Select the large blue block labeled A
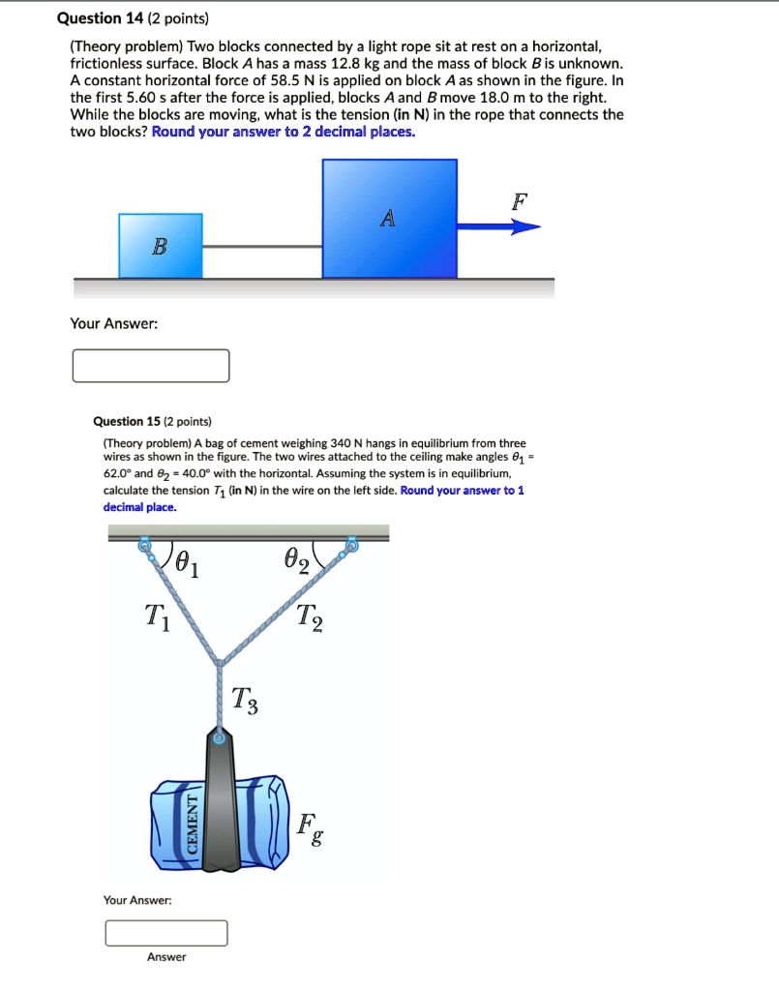(389, 219)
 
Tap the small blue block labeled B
(161, 246)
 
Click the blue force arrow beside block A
(498, 227)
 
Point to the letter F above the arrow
(520, 202)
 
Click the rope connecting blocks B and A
(262, 247)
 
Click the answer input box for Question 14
(151, 366)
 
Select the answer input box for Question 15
(166, 933)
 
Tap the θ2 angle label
(296, 561)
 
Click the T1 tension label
(156, 616)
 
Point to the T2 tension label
(310, 616)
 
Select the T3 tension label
(245, 700)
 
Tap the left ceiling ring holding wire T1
(146, 547)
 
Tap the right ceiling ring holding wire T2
(351, 547)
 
